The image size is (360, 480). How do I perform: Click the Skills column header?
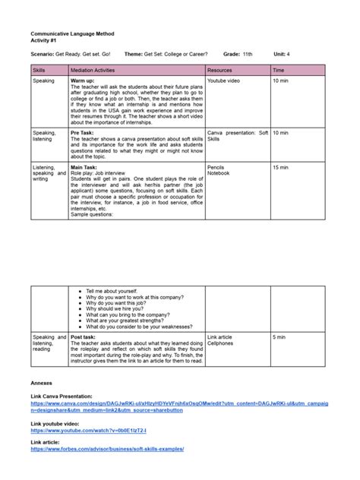pyautogui.click(x=39, y=70)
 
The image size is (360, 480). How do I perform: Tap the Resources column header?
pyautogui.click(x=220, y=70)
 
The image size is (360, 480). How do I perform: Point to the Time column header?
pyautogui.click(x=278, y=70)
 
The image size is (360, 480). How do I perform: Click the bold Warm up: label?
pyautogui.click(x=83, y=80)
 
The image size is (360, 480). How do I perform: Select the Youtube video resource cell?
pyautogui.click(x=225, y=80)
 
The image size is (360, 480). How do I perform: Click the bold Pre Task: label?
pyautogui.click(x=82, y=133)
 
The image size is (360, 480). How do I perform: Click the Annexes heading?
pyautogui.click(x=41, y=384)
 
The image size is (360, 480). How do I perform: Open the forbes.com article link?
pyautogui.click(x=107, y=449)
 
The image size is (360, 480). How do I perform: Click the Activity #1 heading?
pyautogui.click(x=45, y=41)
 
